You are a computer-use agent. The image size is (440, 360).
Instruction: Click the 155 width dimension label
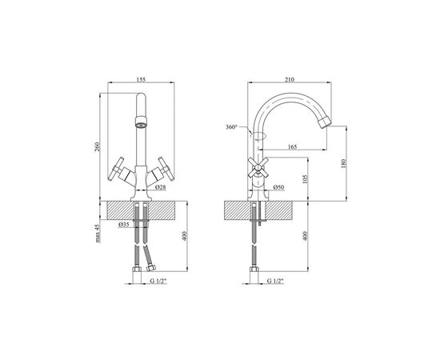(x=141, y=79)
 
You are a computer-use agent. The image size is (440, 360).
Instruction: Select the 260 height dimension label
(x=97, y=147)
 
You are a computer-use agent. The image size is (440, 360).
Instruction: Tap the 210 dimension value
(x=290, y=80)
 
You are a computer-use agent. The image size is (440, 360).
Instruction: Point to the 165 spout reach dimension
(x=292, y=146)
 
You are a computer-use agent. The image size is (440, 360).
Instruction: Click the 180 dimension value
(x=344, y=163)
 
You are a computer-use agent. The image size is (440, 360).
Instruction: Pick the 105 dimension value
(x=306, y=179)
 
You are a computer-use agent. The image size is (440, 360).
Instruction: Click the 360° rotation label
(x=231, y=127)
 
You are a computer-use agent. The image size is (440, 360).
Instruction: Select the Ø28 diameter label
(x=160, y=187)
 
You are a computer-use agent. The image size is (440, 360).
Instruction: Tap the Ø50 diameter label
(x=278, y=187)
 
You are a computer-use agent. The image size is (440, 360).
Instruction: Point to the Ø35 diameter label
(x=123, y=224)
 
